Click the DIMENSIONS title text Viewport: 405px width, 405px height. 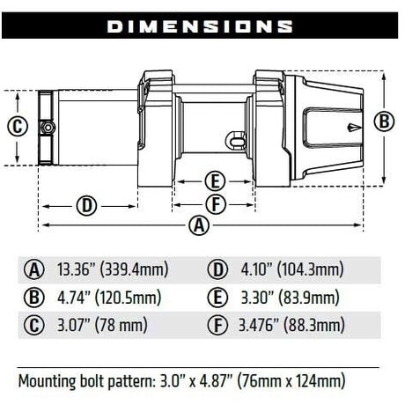[x=200, y=26]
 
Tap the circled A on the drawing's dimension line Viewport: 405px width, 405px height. [x=199, y=225]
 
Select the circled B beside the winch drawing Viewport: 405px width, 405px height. [x=384, y=121]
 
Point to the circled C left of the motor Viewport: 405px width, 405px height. [x=18, y=127]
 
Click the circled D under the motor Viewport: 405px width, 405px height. [x=86, y=206]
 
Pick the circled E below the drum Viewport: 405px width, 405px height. [x=215, y=181]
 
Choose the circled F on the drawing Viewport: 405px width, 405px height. [x=216, y=204]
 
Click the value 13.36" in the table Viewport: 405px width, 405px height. [x=77, y=269]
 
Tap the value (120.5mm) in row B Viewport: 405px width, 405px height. [x=129, y=298]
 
